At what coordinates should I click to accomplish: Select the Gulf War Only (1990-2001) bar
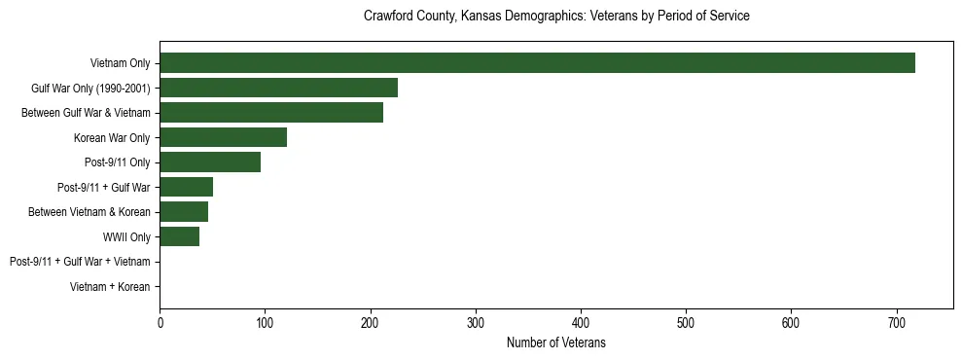[x=278, y=88]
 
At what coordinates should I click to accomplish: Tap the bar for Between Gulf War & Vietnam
[x=271, y=113]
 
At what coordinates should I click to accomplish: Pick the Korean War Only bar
[x=223, y=137]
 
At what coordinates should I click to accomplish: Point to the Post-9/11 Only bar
[x=210, y=162]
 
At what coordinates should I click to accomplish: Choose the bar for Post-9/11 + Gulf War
[x=186, y=187]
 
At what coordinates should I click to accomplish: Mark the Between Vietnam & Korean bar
[x=184, y=212]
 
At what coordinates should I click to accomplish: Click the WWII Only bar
[x=179, y=236]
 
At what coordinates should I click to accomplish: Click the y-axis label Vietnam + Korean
[x=110, y=287]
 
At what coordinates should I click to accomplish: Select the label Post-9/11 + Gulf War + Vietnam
[x=80, y=262]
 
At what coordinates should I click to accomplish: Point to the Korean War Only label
[x=112, y=138]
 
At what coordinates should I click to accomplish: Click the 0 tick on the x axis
[x=160, y=321]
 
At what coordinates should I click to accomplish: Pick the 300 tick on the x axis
[x=476, y=321]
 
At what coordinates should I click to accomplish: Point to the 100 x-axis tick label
[x=265, y=321]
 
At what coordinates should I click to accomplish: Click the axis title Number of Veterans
[x=555, y=342]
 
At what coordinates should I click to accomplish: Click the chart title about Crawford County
[x=555, y=17]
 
